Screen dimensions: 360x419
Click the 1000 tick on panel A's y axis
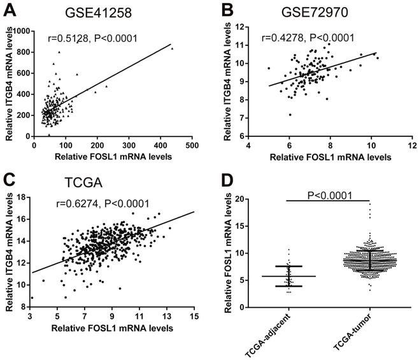click(x=22, y=31)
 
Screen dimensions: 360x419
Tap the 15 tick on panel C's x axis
click(x=194, y=315)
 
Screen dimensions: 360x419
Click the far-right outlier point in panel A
click(x=172, y=48)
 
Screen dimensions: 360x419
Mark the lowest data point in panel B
click(x=290, y=115)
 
